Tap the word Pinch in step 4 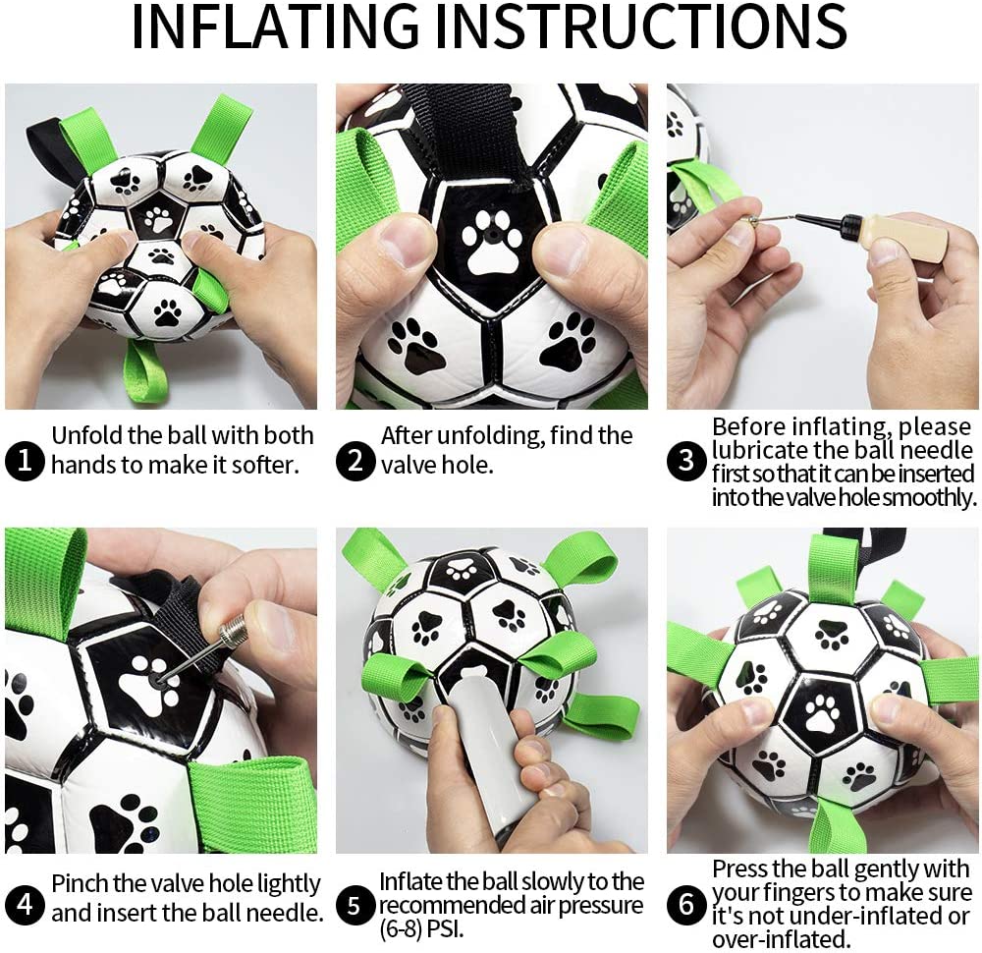coord(79,884)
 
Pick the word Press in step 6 coord(738,869)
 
